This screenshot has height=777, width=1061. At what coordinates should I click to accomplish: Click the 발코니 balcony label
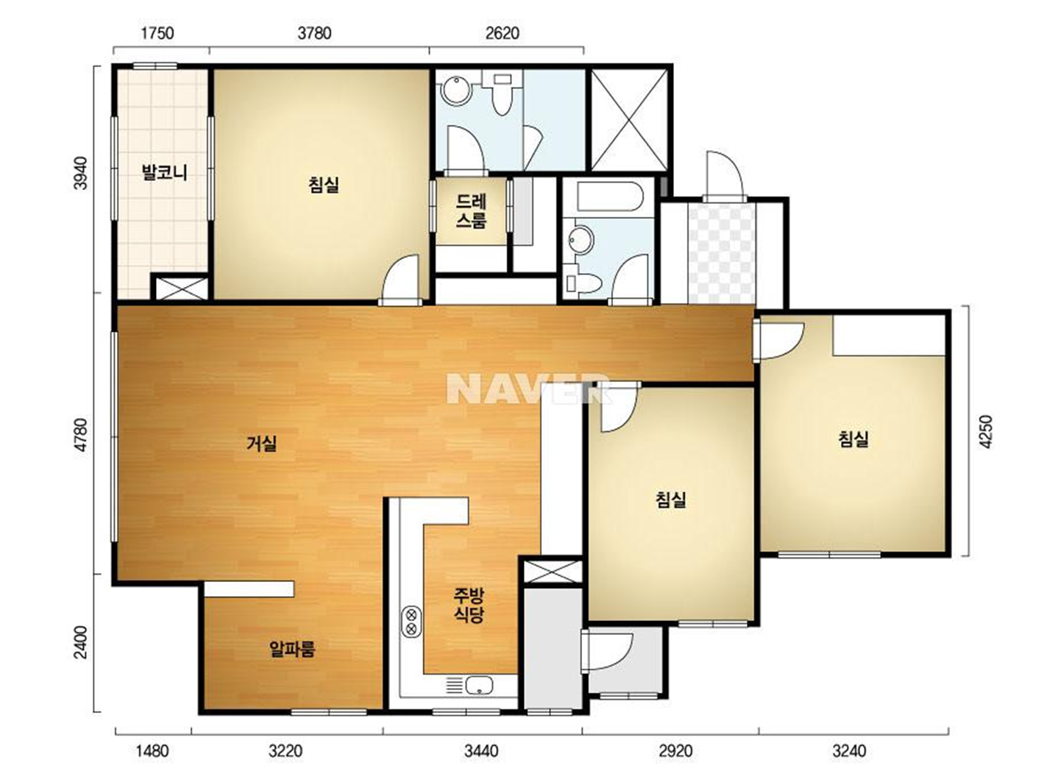click(165, 172)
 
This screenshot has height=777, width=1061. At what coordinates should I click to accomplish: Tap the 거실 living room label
click(261, 444)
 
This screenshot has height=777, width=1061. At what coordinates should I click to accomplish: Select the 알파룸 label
click(292, 649)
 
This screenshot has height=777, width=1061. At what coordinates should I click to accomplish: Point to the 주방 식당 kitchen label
click(469, 606)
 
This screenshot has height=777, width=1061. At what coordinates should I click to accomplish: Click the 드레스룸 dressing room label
click(472, 211)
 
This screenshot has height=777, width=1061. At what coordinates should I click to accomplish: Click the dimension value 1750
click(157, 33)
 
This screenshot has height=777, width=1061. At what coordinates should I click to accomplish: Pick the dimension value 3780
click(314, 33)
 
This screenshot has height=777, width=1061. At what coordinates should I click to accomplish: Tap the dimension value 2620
click(503, 33)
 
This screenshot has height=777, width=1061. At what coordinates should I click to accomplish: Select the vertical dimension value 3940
click(82, 173)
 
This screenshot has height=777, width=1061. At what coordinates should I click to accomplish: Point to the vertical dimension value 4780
click(82, 435)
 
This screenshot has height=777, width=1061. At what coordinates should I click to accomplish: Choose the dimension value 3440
click(481, 751)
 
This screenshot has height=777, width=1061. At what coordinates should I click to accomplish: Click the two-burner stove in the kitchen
click(411, 622)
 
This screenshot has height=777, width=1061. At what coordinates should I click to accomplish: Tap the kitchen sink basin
click(479, 685)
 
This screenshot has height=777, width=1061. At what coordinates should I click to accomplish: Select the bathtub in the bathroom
click(610, 196)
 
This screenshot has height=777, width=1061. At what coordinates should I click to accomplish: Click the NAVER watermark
click(528, 388)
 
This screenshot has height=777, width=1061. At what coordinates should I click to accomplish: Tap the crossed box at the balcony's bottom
click(182, 288)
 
